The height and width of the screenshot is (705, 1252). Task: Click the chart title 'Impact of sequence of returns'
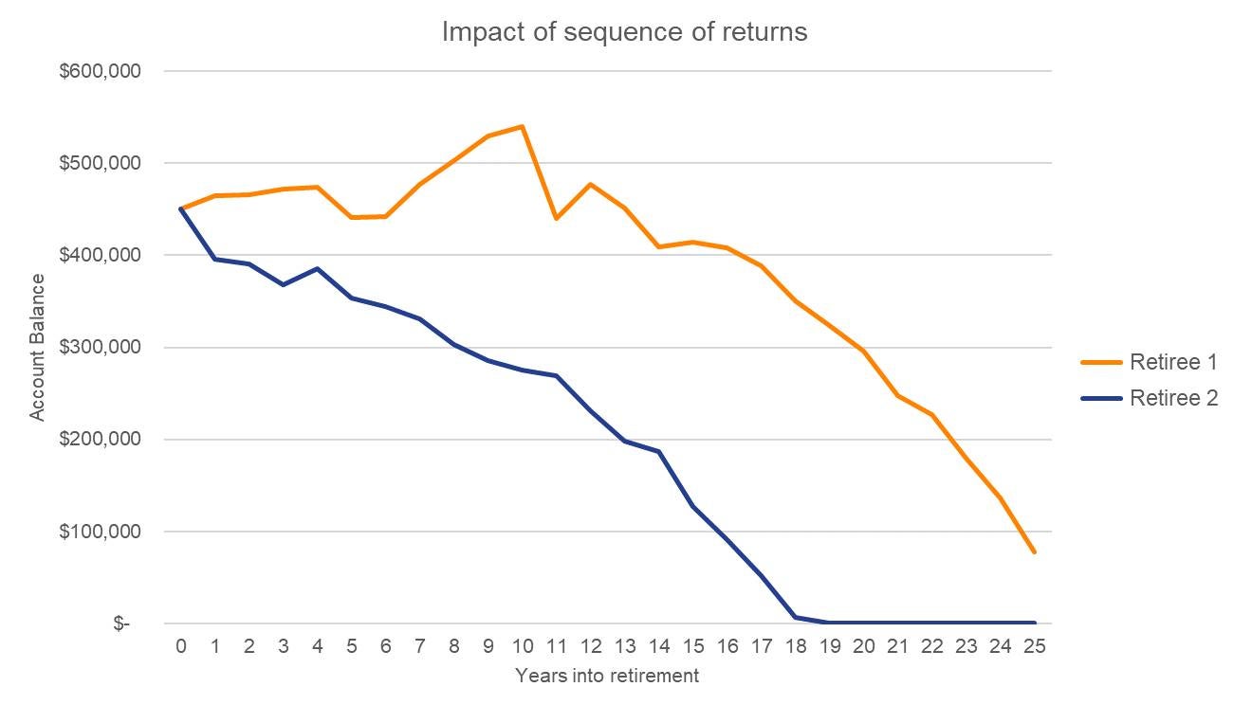click(624, 31)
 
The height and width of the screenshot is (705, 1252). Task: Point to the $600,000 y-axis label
click(101, 71)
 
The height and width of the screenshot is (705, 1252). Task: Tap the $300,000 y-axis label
click(101, 348)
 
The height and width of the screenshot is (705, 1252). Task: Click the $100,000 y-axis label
click(101, 532)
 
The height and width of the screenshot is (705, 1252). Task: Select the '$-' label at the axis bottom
click(120, 624)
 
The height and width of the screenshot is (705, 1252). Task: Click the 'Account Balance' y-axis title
click(37, 347)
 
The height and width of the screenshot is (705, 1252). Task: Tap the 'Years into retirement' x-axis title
click(607, 676)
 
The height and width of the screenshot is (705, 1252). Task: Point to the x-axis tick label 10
click(522, 647)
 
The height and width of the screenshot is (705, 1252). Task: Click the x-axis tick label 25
click(1034, 647)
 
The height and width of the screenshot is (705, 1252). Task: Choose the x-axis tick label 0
click(180, 647)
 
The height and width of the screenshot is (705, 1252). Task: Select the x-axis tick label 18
click(795, 647)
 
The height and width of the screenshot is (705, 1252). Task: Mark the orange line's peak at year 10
click(522, 126)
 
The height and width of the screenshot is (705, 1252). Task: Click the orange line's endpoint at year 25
click(1034, 551)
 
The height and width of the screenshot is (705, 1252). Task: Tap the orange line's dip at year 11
click(556, 219)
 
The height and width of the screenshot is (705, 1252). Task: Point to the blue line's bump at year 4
click(317, 268)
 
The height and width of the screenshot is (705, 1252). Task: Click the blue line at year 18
click(795, 617)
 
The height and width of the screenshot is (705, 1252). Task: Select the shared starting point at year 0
click(180, 208)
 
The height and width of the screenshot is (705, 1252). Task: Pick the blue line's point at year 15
click(692, 505)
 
